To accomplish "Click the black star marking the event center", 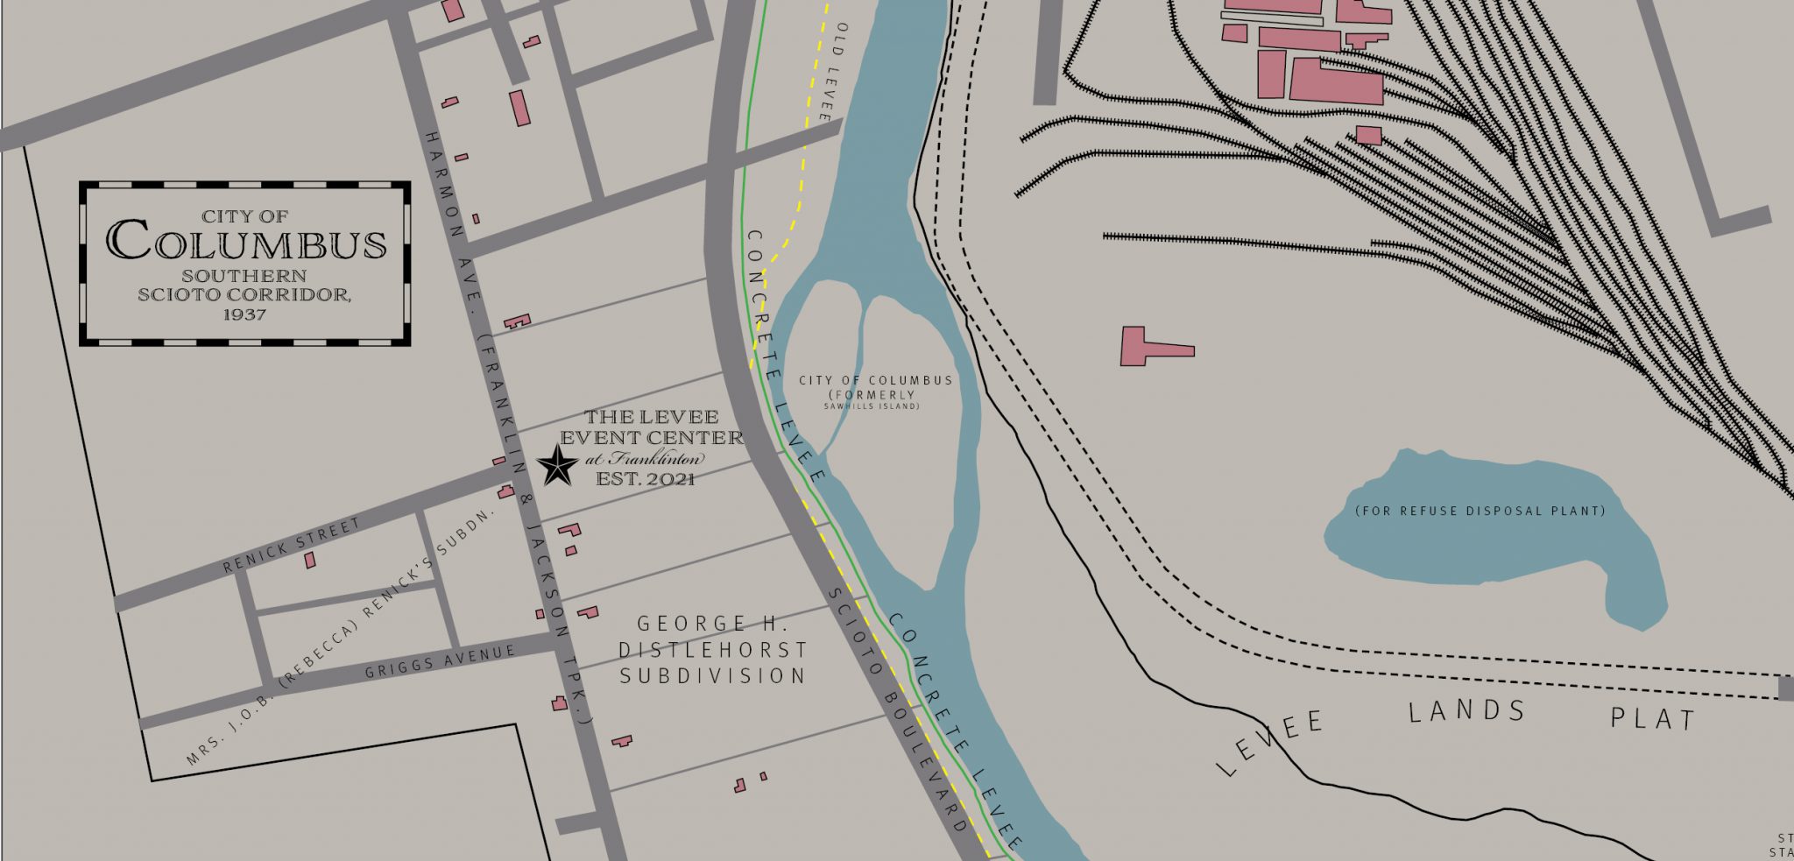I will [557, 465].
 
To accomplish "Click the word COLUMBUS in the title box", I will [246, 241].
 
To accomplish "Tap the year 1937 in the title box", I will [244, 314].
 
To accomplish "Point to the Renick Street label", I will [292, 545].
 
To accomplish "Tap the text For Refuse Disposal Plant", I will [1480, 511].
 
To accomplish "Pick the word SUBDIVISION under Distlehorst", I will [712, 675].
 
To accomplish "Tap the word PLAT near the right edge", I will [1652, 719].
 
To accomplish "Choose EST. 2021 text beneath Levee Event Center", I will [646, 479].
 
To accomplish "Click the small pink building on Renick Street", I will [310, 560].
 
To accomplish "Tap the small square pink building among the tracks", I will [1368, 135].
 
